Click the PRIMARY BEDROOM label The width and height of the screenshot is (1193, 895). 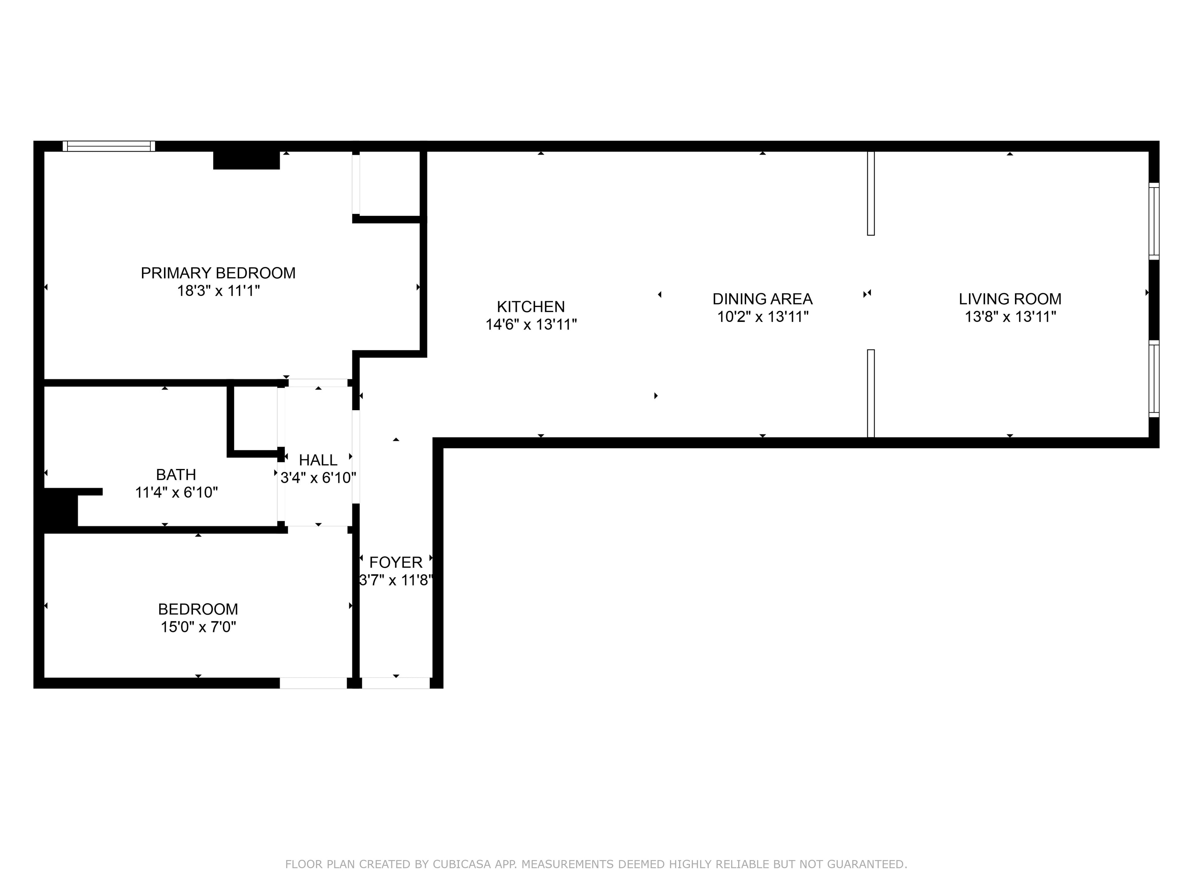tap(218, 273)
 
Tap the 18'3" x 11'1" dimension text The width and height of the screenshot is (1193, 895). tap(218, 291)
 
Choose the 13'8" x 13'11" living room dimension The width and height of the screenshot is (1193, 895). tap(1010, 317)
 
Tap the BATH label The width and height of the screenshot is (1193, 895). tap(176, 475)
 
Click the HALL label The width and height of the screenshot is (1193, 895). tap(318, 460)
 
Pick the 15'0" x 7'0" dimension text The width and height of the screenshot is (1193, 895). tap(199, 627)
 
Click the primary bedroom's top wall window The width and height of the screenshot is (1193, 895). tap(109, 146)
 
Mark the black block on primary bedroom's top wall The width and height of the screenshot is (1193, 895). tap(246, 160)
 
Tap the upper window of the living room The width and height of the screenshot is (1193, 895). tap(1154, 221)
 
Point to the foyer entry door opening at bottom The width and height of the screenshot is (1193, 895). tap(396, 683)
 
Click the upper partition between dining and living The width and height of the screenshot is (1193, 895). tap(871, 193)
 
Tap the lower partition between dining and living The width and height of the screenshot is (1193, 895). tap(871, 394)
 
